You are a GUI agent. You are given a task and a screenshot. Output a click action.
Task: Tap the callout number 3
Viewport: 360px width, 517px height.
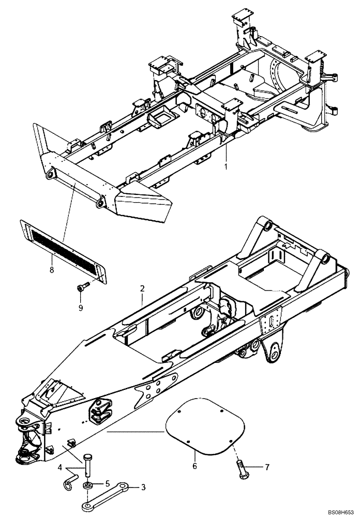coord(143,487)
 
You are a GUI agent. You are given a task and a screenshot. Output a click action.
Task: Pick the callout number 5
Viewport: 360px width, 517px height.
coord(108,484)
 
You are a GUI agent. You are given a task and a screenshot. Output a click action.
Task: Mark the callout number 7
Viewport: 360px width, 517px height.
coord(267,467)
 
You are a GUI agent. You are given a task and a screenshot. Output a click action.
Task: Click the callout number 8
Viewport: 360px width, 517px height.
coord(52,254)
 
